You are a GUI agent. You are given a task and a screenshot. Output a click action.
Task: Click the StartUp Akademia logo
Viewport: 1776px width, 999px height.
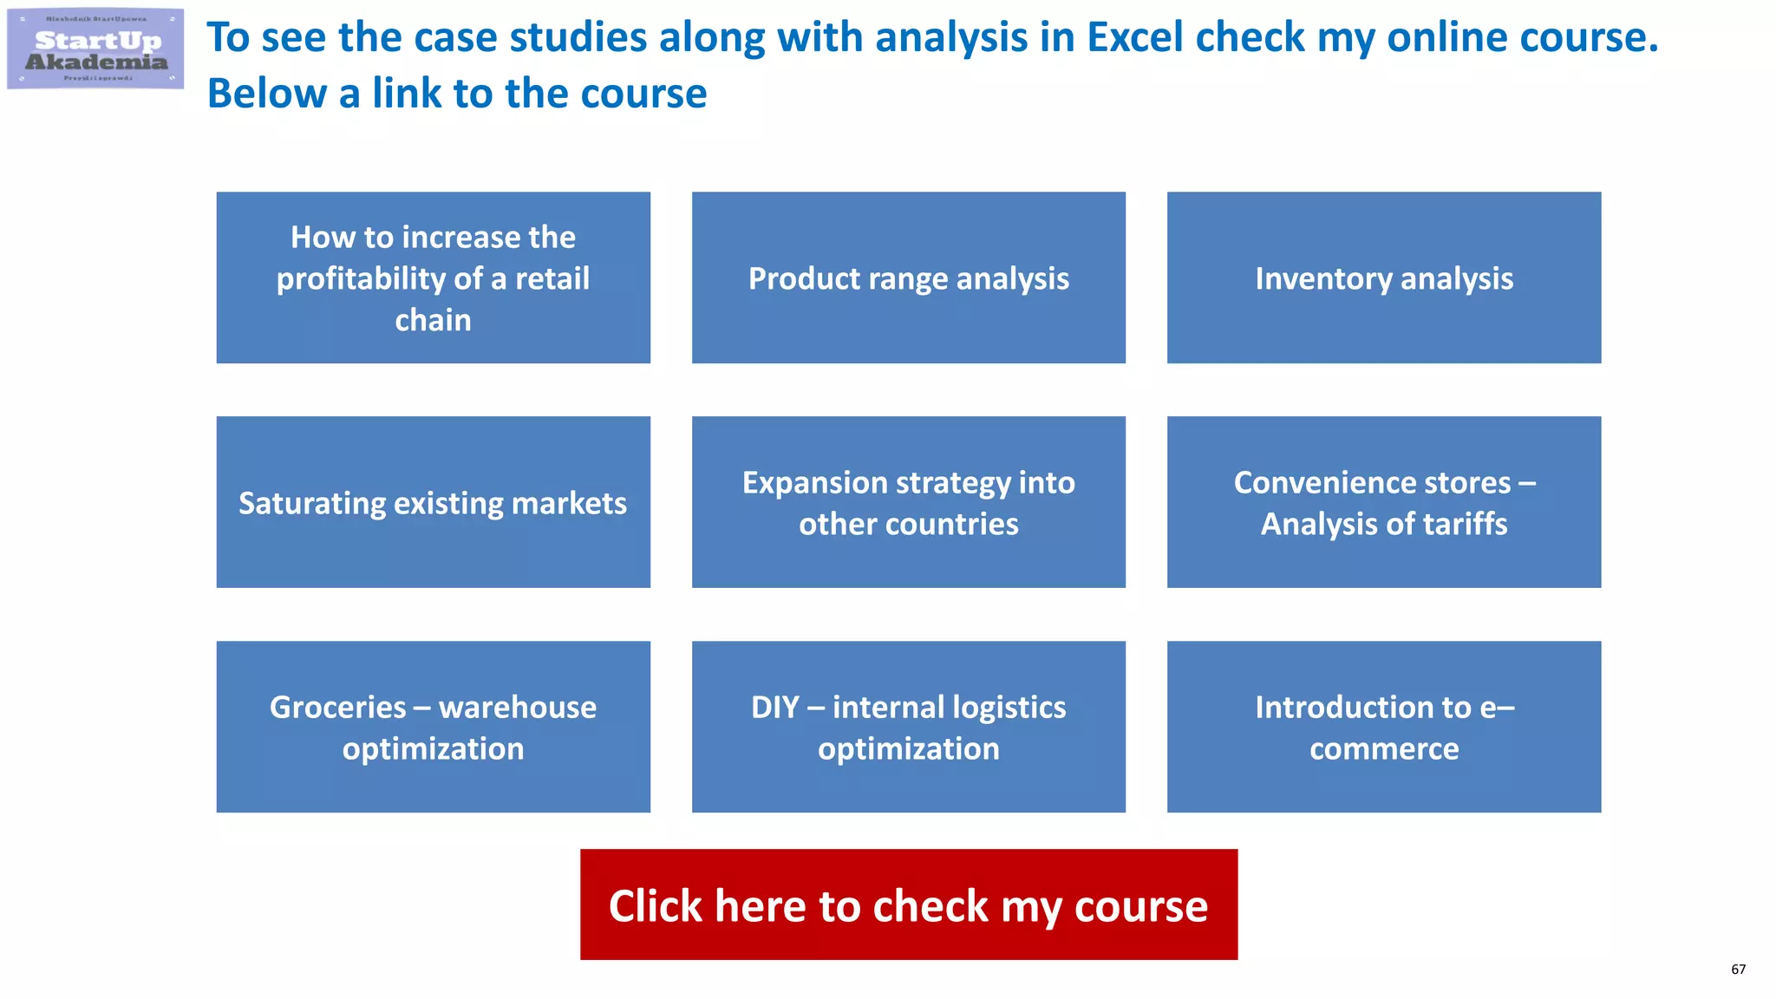point(95,49)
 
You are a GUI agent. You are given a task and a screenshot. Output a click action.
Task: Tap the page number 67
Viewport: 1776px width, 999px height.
point(1738,970)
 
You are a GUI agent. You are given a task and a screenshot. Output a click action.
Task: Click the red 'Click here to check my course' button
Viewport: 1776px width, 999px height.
point(908,904)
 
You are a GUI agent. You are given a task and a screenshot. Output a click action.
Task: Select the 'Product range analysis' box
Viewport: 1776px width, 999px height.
point(908,277)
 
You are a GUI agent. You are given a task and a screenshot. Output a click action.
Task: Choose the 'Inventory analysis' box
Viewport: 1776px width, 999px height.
point(1383,277)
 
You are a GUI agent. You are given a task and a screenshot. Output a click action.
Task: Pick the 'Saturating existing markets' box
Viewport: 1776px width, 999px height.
point(433,502)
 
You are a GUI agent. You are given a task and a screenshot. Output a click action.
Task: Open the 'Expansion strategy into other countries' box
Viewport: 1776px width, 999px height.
point(908,502)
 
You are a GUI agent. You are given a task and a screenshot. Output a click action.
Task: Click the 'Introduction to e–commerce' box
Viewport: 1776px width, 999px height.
point(1383,727)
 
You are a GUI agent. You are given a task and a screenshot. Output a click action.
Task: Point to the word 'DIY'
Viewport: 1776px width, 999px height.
point(775,708)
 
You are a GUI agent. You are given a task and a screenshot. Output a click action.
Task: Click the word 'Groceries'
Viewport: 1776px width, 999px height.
point(337,708)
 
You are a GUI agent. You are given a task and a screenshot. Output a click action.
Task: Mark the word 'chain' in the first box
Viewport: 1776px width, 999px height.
point(433,320)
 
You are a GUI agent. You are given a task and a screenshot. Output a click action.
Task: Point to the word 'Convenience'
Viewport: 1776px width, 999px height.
point(1329,483)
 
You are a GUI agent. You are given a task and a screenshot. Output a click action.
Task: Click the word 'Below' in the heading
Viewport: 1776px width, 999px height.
point(266,94)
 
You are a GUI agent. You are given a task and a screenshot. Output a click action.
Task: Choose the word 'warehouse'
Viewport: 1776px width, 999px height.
point(518,708)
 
